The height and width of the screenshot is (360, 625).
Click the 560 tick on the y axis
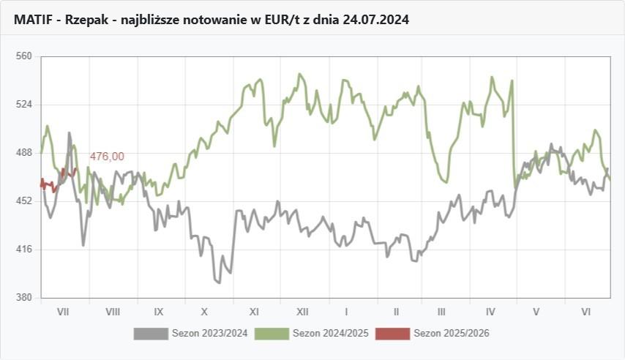pos(24,56)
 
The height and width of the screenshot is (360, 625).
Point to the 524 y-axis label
pos(24,104)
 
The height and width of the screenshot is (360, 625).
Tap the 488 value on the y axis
pos(24,152)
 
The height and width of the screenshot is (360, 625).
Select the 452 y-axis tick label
pos(24,200)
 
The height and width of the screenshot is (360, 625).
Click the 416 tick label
pos(24,250)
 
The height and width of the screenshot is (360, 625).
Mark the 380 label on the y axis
pos(24,298)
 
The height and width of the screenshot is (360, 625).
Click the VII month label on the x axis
pos(63,312)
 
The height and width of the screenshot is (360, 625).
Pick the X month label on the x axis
pos(205,312)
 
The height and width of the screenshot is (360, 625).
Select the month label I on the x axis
pos(346,312)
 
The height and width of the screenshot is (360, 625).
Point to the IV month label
pos(490,312)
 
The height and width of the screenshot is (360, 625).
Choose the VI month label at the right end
pos(585,312)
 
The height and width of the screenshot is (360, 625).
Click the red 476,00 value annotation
pos(107,157)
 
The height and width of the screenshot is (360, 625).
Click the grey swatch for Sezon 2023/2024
pos(151,334)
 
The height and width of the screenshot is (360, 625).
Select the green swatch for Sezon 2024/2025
pos(272,334)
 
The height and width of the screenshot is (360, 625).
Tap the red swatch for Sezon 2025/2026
pos(393,334)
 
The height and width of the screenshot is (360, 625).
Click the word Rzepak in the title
pos(86,20)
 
